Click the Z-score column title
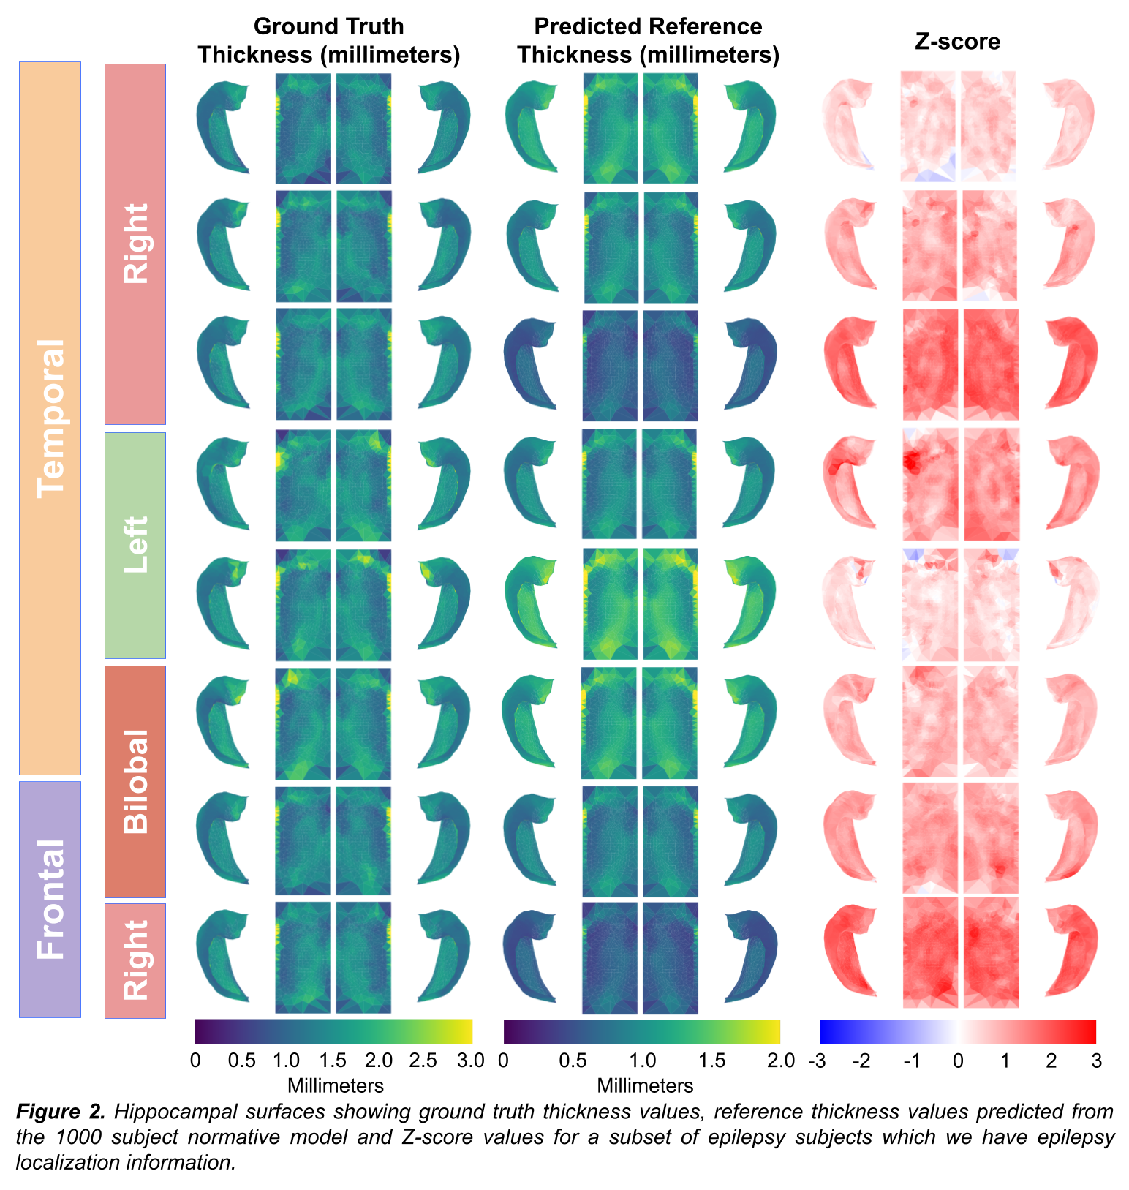click(x=957, y=42)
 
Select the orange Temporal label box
click(x=50, y=418)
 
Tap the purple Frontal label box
click(x=50, y=899)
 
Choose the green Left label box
click(x=135, y=545)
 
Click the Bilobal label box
click(x=135, y=781)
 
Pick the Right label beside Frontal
click(x=135, y=960)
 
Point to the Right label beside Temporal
click(x=135, y=244)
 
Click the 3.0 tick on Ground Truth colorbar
click(x=469, y=1061)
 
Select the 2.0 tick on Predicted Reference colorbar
click(x=779, y=1061)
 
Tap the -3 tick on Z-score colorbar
click(x=818, y=1061)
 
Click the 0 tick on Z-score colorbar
click(x=958, y=1061)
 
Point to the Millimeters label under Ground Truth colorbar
click(x=336, y=1085)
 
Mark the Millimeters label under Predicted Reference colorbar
click(x=645, y=1085)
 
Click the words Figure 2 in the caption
click(x=61, y=1112)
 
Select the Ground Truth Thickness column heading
click(x=328, y=40)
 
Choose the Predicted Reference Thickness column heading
click(x=648, y=40)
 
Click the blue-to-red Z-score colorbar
click(x=958, y=1031)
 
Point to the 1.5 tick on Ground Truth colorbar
click(x=333, y=1061)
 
